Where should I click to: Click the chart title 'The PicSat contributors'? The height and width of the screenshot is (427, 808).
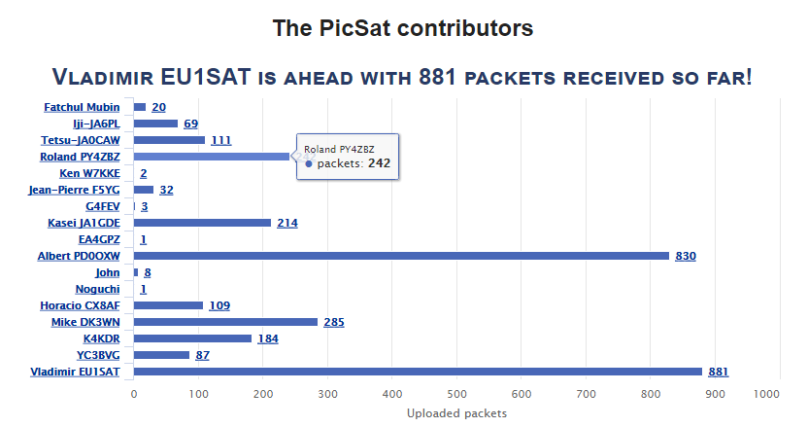(x=403, y=29)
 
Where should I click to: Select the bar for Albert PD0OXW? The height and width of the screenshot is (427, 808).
(x=401, y=256)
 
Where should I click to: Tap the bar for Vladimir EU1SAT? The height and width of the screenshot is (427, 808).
(x=418, y=372)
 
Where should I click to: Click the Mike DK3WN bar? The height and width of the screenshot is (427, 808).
(x=225, y=322)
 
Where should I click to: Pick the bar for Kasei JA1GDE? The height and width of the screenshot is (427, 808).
(x=202, y=223)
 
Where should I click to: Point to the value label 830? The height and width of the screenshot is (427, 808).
(x=686, y=256)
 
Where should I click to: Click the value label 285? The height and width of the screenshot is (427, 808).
(x=334, y=322)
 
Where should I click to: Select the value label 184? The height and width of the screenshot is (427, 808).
(x=269, y=338)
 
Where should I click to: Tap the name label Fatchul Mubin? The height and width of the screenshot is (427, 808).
(x=82, y=107)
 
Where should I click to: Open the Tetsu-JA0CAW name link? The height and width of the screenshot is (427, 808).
(x=81, y=140)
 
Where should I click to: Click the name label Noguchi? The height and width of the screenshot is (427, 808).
(x=97, y=289)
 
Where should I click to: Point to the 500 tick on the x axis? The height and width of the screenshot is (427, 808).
(x=457, y=394)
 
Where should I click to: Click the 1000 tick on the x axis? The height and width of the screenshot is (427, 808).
(x=766, y=394)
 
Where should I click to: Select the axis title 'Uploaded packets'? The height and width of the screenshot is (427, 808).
(x=455, y=413)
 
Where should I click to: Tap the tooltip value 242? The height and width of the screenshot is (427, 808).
(x=379, y=163)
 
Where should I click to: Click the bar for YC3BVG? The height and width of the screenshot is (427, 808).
(x=161, y=355)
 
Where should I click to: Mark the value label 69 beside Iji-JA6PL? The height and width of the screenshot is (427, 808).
(x=190, y=124)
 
